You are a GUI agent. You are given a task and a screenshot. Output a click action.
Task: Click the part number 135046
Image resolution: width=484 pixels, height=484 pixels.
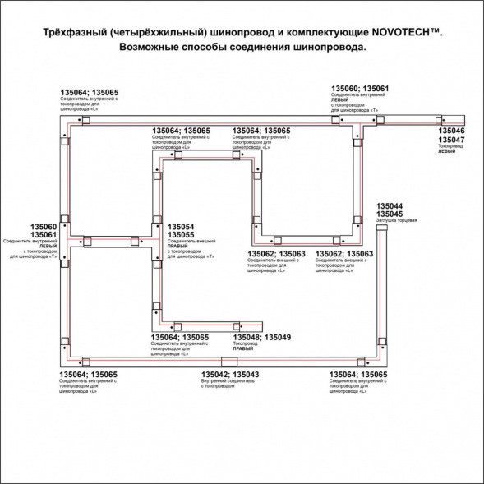pyautogui.click(x=451, y=131)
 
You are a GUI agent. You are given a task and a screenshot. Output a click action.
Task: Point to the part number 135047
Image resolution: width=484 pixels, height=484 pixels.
pyautogui.click(x=451, y=141)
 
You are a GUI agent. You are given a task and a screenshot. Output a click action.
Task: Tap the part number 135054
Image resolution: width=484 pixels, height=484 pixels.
pyautogui.click(x=181, y=226)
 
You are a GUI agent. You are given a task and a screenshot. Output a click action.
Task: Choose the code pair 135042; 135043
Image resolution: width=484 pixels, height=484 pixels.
pyautogui.click(x=230, y=375)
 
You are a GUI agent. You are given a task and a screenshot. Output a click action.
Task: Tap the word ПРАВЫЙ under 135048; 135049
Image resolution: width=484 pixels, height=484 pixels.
pyautogui.click(x=242, y=349)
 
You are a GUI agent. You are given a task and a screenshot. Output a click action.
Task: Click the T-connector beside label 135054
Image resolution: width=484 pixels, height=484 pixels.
pyautogui.click(x=156, y=241)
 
